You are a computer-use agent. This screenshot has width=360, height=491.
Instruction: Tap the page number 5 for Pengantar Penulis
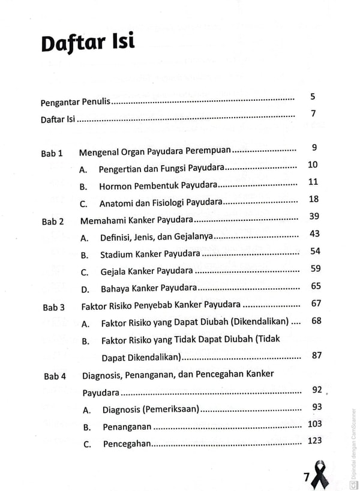[x=313, y=97]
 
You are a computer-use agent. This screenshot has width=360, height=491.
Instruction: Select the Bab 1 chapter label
[x=52, y=153]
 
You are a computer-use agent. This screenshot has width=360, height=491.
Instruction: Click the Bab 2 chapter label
[x=53, y=221]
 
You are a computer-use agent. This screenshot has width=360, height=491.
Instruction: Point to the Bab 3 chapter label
[x=53, y=307]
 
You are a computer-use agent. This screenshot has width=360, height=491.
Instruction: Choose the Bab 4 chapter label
[x=55, y=376]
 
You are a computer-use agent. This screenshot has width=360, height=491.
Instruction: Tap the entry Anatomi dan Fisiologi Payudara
[x=161, y=203]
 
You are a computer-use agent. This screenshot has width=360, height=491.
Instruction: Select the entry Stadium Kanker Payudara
[x=154, y=255]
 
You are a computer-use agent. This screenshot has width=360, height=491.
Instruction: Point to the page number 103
[x=314, y=424]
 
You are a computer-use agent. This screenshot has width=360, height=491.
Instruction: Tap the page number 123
[x=314, y=441]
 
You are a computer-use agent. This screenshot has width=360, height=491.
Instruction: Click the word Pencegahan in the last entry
[x=127, y=445]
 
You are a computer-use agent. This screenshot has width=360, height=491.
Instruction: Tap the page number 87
[x=316, y=355]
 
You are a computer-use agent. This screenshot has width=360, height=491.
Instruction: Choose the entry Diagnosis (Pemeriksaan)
[x=151, y=411]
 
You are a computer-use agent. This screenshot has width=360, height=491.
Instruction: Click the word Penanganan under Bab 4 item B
[x=127, y=428]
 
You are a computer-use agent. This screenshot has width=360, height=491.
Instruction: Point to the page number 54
[x=315, y=251]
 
